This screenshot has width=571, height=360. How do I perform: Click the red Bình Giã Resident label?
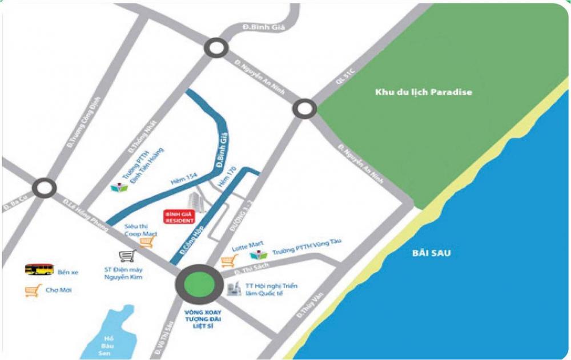click(179, 216)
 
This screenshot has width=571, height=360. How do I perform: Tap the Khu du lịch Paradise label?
click(423, 92)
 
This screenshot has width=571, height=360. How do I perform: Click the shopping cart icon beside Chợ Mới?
click(31, 290)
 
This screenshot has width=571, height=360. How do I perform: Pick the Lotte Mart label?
click(243, 249)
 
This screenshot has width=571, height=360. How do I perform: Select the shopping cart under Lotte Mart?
click(228, 262)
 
